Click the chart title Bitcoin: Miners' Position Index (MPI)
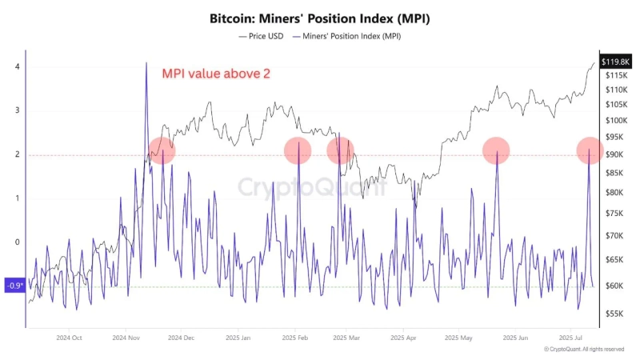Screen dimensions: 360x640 (x=320, y=18)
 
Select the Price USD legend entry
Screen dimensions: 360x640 (x=263, y=36)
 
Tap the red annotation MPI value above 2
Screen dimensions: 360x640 (x=216, y=74)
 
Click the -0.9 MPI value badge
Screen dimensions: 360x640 (x=15, y=286)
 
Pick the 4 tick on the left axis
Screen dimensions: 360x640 (x=17, y=66)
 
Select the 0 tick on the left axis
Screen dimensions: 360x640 (x=17, y=242)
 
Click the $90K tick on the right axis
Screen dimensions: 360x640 (x=614, y=154)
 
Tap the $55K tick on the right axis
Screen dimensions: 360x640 (x=614, y=313)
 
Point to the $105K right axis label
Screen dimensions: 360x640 (x=616, y=104)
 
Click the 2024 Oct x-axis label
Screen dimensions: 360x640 (x=69, y=338)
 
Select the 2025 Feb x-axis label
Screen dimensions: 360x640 (x=296, y=338)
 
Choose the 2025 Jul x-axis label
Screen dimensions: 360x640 (x=572, y=338)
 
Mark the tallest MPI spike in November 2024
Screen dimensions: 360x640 (x=146, y=64)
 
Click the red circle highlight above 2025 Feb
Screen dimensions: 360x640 (x=298, y=150)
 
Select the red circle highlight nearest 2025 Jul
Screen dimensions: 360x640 (x=590, y=150)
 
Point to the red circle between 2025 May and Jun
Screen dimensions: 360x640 (x=496, y=150)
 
